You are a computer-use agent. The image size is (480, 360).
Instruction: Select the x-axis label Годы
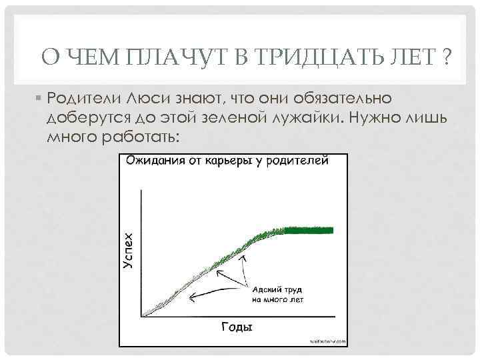[x=236, y=327]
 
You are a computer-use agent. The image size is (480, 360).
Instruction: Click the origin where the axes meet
[x=141, y=316]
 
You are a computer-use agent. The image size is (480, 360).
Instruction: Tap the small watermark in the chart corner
[x=329, y=341]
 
